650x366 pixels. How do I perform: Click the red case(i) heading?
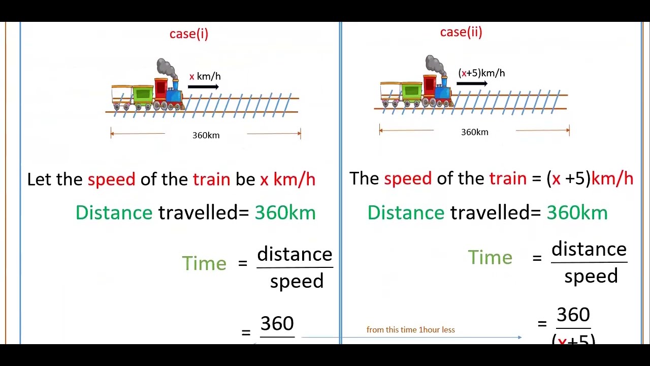(189, 34)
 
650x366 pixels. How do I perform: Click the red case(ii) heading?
(461, 33)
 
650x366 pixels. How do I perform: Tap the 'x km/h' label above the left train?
(205, 77)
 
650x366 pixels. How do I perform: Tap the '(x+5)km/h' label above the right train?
(481, 73)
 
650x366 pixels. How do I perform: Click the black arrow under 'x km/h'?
(203, 87)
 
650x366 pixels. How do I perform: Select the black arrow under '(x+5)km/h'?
(472, 84)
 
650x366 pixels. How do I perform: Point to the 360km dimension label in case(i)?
(206, 135)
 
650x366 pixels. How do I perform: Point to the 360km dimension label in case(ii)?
(474, 132)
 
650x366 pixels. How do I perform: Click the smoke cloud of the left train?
(166, 68)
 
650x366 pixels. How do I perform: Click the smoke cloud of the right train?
(435, 64)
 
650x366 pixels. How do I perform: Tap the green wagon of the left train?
(143, 95)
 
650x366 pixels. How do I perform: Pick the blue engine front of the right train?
(443, 92)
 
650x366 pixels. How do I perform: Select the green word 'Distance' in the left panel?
(114, 213)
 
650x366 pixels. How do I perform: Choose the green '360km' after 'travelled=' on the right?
(577, 213)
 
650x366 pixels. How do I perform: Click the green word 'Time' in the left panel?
(204, 263)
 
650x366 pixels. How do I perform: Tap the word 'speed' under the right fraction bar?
(591, 276)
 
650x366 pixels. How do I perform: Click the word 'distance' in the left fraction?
(295, 254)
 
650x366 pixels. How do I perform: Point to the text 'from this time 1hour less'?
(410, 330)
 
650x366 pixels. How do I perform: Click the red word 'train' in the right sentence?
(508, 178)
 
